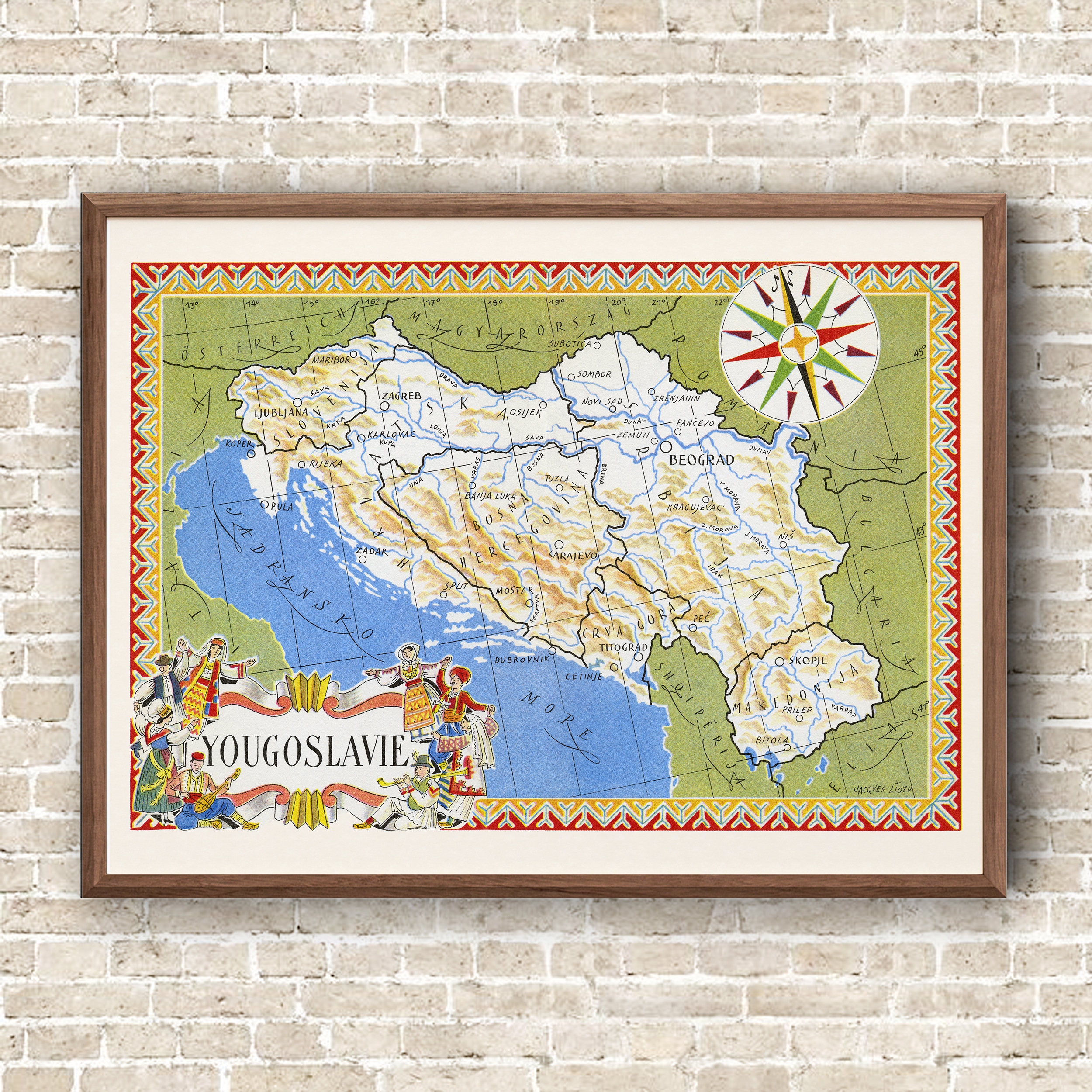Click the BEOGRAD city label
[x=701, y=460]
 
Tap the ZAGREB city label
[x=401, y=396]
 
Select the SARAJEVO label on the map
[x=573, y=556]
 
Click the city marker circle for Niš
[x=783, y=545]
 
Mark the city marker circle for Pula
[x=264, y=505]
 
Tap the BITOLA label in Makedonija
[x=771, y=740]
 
